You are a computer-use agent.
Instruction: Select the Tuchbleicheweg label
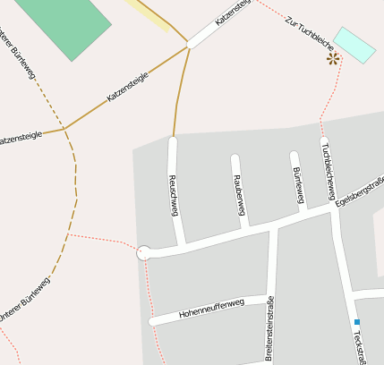click(x=329, y=169)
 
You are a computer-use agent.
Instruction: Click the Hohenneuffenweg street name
click(x=211, y=309)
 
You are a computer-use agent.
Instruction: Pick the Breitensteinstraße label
click(x=269, y=328)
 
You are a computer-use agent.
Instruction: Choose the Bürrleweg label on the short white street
click(x=299, y=184)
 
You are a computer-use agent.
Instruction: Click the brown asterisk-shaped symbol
click(x=333, y=59)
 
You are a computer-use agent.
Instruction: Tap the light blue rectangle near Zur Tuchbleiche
click(x=354, y=45)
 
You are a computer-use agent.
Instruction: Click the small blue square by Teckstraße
click(x=356, y=322)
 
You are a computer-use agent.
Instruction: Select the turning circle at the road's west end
click(x=143, y=253)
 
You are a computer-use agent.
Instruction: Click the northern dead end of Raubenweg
click(x=235, y=159)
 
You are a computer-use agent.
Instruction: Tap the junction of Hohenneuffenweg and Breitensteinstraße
click(x=269, y=298)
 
